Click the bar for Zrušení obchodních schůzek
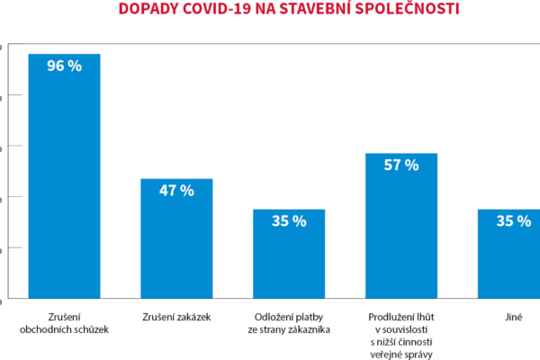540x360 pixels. pos(64,180)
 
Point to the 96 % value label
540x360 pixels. pos(64,67)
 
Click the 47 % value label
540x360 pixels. pos(176,191)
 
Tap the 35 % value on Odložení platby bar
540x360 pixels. pos(289,221)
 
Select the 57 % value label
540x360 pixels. pos(401,166)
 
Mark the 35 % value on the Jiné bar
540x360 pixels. pos(514,221)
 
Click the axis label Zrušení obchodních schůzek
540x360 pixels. pos(64,323)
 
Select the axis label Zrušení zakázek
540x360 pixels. pos(176,318)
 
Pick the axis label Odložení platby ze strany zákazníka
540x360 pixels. pos(289,323)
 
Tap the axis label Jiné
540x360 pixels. pos(514,318)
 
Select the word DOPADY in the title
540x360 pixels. pos(148,11)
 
